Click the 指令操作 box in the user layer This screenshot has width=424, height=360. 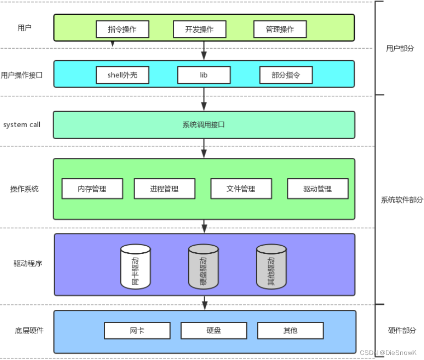(x=122, y=29)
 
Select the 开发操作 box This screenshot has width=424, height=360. (x=200, y=29)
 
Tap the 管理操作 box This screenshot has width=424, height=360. (x=280, y=29)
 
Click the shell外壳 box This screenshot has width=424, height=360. (x=122, y=75)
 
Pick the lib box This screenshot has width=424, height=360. (x=204, y=75)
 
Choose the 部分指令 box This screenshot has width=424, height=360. (x=286, y=75)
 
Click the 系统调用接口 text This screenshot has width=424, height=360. (x=204, y=125)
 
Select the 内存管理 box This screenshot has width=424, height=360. (x=92, y=189)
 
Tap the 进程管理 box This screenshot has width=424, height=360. (x=164, y=189)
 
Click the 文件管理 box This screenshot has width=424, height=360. (x=241, y=189)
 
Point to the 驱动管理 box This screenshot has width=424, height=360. (x=318, y=189)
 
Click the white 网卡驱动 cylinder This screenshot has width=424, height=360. (x=136, y=267)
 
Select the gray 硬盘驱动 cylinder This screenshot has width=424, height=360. (x=204, y=267)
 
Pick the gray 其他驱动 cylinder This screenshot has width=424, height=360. (x=271, y=267)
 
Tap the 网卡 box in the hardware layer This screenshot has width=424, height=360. (x=137, y=330)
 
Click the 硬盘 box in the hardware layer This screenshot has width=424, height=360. (x=213, y=330)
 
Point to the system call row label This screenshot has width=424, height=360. (x=22, y=125)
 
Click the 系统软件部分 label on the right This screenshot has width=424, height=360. (x=402, y=200)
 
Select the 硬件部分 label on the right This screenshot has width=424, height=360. (x=402, y=330)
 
